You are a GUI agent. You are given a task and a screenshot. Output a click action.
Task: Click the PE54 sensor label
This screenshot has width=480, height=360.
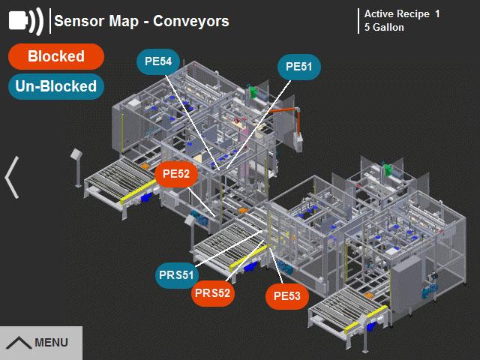tap(158, 61)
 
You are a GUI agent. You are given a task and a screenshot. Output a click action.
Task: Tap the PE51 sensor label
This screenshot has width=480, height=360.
tap(299, 67)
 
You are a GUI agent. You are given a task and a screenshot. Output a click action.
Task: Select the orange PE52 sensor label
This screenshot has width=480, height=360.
tap(176, 174)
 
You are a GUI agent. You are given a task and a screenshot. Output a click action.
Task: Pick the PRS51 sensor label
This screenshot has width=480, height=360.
tap(176, 275)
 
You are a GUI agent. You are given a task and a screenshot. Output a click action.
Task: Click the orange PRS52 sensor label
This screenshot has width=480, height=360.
tap(213, 293)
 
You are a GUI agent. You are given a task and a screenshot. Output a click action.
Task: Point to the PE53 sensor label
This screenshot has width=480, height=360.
tap(287, 296)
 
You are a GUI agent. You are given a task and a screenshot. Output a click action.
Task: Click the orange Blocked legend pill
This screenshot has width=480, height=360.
tap(56, 56)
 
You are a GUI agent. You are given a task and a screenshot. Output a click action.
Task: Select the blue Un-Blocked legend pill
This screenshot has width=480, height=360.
tap(56, 86)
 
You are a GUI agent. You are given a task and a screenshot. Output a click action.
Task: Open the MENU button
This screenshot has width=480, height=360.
tap(41, 343)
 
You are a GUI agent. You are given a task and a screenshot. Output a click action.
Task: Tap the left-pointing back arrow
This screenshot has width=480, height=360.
tap(12, 178)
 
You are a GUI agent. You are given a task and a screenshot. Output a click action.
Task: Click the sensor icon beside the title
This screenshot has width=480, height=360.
tap(26, 21)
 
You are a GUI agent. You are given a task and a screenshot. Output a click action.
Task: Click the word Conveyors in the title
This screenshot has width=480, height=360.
tap(191, 21)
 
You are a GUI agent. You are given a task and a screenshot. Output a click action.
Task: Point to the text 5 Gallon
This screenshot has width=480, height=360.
tap(384, 28)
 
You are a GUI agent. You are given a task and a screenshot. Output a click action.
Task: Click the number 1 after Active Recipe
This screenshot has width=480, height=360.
tap(437, 13)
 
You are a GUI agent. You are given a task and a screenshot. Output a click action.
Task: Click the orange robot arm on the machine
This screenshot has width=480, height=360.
tap(289, 114)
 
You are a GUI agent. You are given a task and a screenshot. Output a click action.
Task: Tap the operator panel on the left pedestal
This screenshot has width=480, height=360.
tap(76, 154)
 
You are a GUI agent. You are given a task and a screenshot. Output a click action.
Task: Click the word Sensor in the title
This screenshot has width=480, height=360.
tap(79, 21)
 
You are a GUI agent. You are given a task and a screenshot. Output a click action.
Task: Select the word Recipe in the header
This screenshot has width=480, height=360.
tap(412, 14)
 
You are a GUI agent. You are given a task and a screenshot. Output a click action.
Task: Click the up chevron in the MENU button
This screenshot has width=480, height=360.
tap(19, 343)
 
